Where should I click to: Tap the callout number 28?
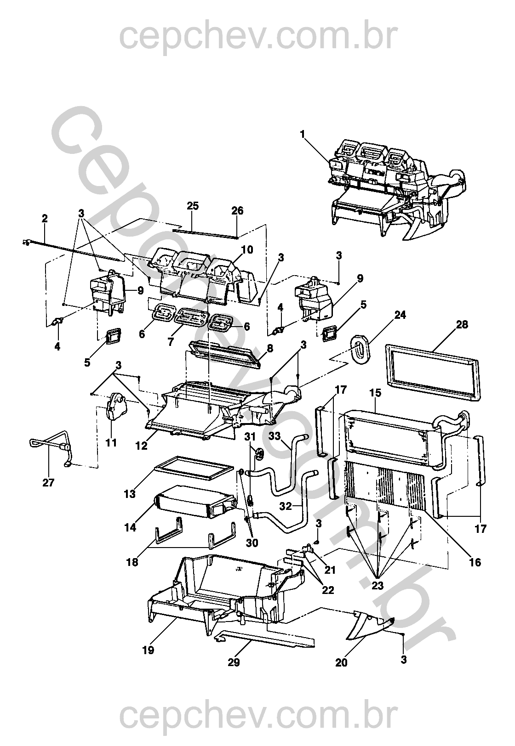pyautogui.click(x=462, y=325)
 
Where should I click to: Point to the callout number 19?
pyautogui.click(x=148, y=650)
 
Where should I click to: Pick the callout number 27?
pyautogui.click(x=48, y=483)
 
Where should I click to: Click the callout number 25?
pyautogui.click(x=193, y=206)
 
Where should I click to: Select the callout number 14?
pyautogui.click(x=130, y=527)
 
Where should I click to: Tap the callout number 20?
pyautogui.click(x=342, y=662)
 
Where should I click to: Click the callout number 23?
pyautogui.click(x=377, y=586)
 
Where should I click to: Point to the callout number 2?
pyautogui.click(x=45, y=219)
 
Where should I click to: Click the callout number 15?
pyautogui.click(x=375, y=394)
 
